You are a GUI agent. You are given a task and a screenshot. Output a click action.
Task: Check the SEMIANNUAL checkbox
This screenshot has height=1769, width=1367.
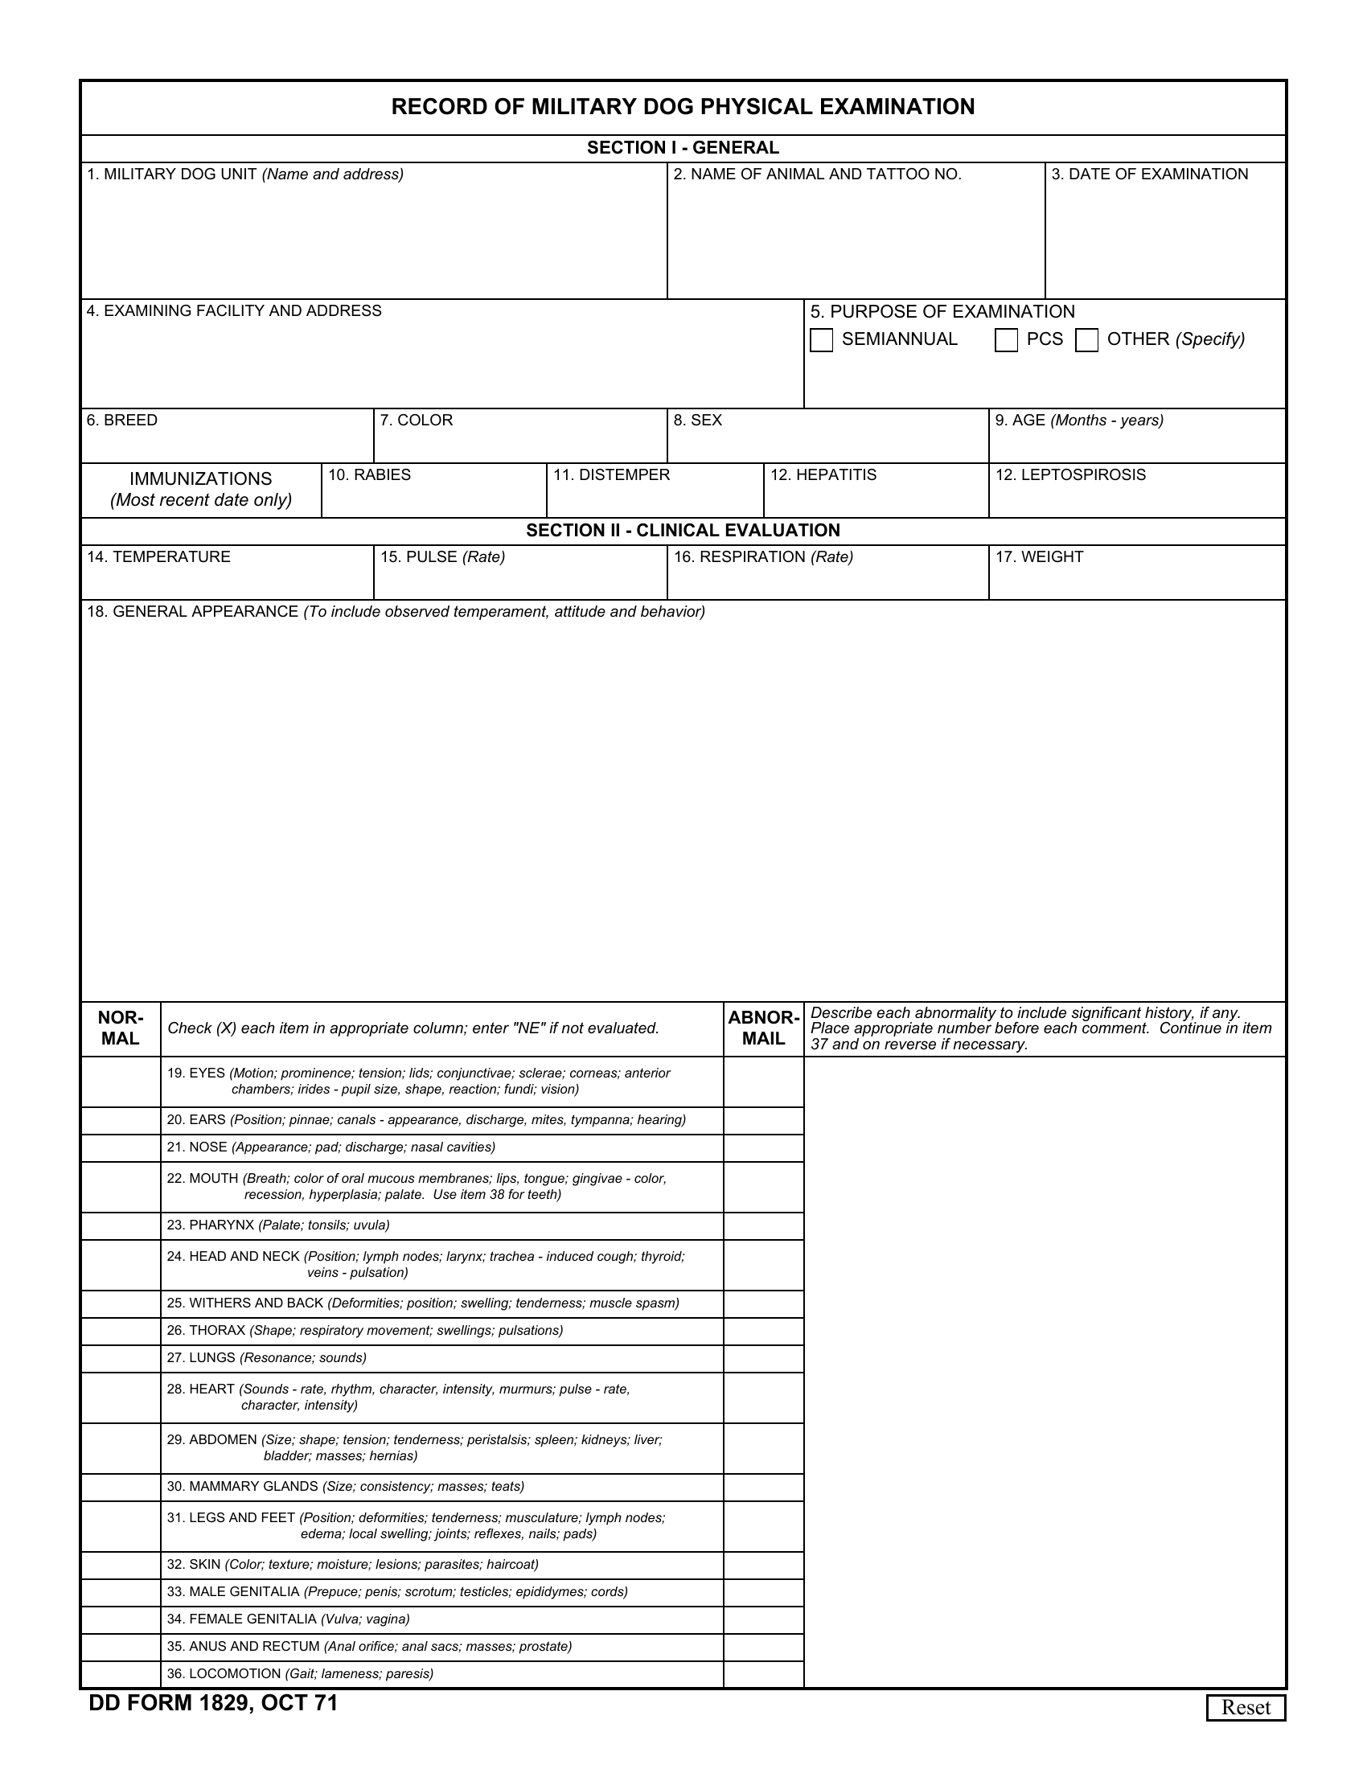[821, 340]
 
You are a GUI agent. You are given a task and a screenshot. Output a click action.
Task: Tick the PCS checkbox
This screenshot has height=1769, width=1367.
[1006, 340]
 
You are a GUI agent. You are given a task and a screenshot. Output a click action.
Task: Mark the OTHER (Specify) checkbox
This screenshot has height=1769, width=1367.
[1086, 340]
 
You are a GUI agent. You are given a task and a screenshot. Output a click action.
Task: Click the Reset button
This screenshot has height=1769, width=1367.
[1246, 1707]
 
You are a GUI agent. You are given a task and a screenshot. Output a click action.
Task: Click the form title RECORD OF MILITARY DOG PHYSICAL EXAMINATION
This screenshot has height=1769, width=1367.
[683, 107]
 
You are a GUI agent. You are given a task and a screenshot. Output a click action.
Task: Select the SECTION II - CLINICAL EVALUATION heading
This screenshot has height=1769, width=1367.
[683, 531]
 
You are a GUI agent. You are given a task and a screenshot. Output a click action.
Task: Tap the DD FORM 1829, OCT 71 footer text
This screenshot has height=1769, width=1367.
[213, 1703]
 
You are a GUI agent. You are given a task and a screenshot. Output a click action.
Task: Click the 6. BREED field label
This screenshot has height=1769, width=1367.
[122, 421]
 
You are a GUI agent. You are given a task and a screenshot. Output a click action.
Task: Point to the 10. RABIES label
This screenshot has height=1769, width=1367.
[369, 474]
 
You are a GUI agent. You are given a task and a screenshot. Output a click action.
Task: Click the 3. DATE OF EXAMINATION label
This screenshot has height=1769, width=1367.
[1149, 174]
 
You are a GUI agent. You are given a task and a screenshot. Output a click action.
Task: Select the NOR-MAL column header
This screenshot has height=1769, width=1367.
[121, 1028]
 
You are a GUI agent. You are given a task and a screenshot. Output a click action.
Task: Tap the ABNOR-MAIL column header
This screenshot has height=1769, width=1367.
[763, 1028]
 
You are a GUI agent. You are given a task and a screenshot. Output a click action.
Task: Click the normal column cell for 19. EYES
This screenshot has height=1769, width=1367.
[121, 1082]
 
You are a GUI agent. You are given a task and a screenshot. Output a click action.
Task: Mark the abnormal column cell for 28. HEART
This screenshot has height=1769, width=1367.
[763, 1398]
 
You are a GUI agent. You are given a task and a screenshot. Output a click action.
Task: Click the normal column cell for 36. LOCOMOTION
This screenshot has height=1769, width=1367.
[121, 1673]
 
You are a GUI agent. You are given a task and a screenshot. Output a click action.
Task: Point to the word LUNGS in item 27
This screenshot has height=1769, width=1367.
[212, 1357]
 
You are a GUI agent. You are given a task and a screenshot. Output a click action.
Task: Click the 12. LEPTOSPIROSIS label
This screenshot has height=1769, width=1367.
[1069, 474]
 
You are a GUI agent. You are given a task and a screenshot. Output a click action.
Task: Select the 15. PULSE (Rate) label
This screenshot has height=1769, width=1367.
[442, 557]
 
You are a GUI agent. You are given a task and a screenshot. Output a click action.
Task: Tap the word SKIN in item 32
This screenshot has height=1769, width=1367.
[205, 1564]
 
